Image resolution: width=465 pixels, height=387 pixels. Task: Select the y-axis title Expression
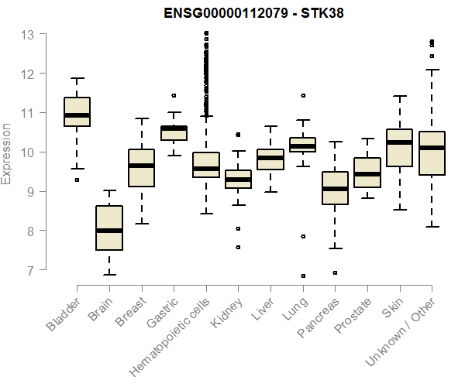8,153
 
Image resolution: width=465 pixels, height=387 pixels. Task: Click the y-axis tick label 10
28,152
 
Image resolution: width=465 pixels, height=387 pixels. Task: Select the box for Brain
109,228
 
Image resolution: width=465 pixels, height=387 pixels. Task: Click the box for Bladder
77,111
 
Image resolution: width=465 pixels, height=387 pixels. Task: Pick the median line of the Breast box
141,165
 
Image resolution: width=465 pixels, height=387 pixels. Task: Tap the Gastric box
174,132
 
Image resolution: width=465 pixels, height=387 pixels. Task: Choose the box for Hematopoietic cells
206,165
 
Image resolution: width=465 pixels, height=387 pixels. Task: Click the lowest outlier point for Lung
303,276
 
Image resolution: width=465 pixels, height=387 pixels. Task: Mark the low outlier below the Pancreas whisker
336,272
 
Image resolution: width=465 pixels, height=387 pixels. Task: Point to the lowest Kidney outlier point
238,247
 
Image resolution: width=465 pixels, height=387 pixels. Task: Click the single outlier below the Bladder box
77,180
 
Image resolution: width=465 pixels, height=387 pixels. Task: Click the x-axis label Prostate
351,325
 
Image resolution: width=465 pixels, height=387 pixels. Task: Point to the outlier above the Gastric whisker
174,96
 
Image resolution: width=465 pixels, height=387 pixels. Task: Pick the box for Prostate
367,173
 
